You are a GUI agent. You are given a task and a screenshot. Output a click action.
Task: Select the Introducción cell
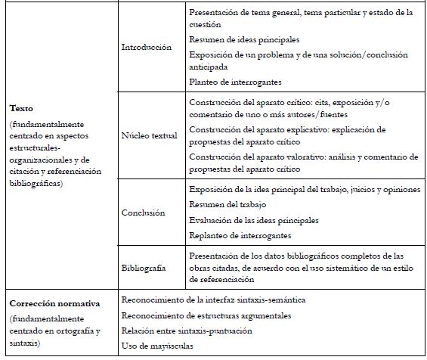[x=147, y=47]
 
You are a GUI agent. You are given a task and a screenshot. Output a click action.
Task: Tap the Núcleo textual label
[x=149, y=135]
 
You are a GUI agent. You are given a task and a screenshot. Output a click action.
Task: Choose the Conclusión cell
[x=143, y=213]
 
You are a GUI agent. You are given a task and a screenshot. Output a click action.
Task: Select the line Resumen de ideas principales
[x=243, y=39]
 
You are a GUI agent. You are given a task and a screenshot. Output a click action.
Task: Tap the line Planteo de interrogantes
[x=235, y=81]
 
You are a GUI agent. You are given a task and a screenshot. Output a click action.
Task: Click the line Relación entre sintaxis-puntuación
[x=187, y=331]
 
